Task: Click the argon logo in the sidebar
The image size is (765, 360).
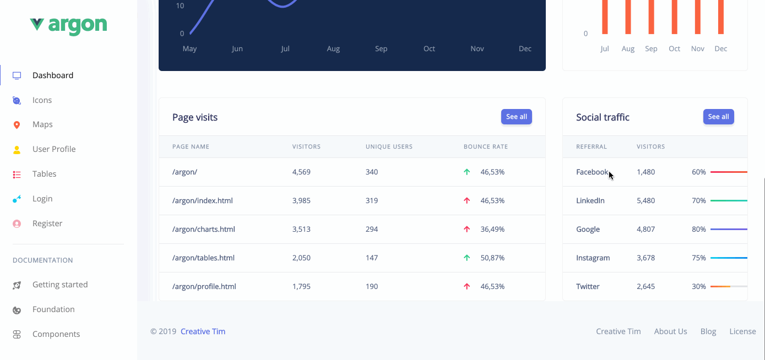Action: pyautogui.click(x=68, y=25)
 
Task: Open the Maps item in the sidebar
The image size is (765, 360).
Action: pyautogui.click(x=42, y=124)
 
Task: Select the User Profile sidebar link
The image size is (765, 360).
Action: pyautogui.click(x=53, y=149)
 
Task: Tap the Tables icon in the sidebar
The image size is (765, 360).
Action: pyautogui.click(x=17, y=174)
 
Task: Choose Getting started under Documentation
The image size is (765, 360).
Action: pyautogui.click(x=59, y=285)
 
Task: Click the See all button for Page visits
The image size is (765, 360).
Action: pyautogui.click(x=516, y=117)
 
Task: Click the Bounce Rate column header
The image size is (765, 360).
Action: pyautogui.click(x=485, y=147)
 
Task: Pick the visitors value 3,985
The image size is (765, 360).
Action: pyautogui.click(x=301, y=201)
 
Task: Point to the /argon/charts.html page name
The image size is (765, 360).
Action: pyautogui.click(x=203, y=230)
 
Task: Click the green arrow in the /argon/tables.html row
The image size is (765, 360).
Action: pyautogui.click(x=467, y=258)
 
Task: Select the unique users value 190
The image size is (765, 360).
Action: pyautogui.click(x=372, y=287)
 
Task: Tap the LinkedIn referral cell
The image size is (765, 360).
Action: pyautogui.click(x=590, y=201)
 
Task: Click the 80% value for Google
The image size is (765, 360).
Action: pyautogui.click(x=698, y=230)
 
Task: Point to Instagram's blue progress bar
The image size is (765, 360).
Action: pyautogui.click(x=728, y=258)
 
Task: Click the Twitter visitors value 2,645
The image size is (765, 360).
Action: pyautogui.click(x=645, y=287)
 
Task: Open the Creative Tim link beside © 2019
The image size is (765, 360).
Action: pyautogui.click(x=203, y=331)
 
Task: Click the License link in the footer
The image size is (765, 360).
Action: pyautogui.click(x=742, y=331)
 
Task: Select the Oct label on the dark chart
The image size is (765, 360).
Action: pyautogui.click(x=429, y=49)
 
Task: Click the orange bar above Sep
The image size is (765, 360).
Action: pyautogui.click(x=651, y=17)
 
